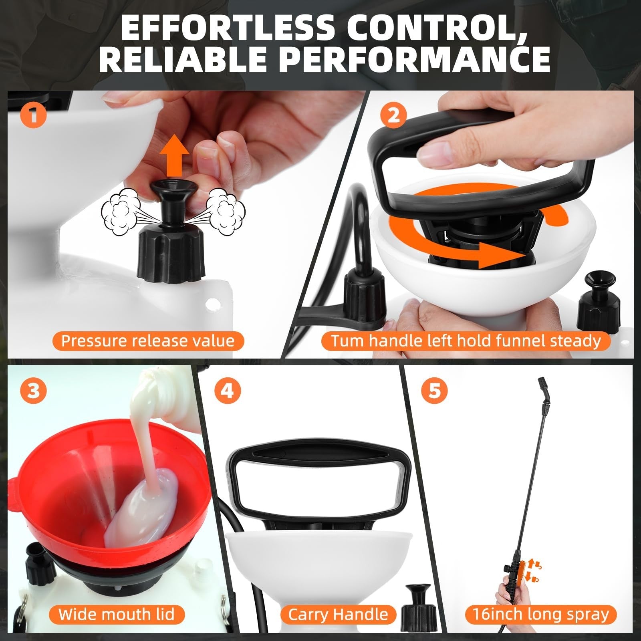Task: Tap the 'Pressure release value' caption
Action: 148,341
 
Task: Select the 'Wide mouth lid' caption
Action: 117,614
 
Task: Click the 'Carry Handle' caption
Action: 338,614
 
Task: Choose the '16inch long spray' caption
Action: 541,614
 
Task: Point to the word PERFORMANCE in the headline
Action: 409,58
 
